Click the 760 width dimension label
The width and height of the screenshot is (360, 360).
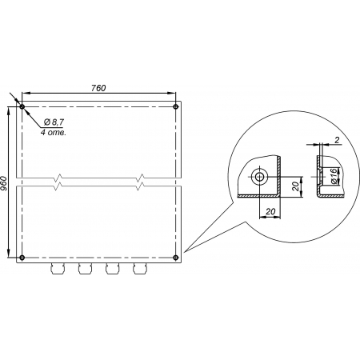[x=98, y=88]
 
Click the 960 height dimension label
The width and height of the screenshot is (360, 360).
[x=3, y=183]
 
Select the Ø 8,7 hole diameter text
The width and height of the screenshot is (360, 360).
[x=54, y=122]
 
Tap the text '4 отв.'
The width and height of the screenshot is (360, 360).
[x=54, y=132]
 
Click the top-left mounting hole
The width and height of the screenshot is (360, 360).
[x=22, y=107]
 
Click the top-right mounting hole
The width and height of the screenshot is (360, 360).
[x=175, y=107]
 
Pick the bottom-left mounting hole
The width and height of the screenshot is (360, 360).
[x=22, y=258]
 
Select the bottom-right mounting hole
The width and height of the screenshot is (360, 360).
[x=175, y=258]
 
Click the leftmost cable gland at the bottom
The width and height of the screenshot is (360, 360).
[x=58, y=269]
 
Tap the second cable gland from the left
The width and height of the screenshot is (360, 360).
[x=85, y=269]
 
